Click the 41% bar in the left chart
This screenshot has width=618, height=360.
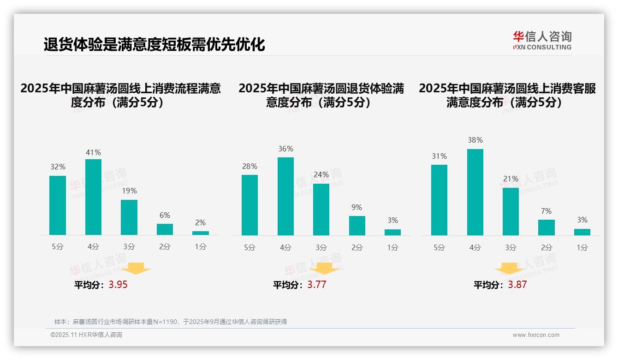(x=94, y=197)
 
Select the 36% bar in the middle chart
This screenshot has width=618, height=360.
(x=285, y=196)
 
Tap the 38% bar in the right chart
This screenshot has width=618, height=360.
(x=475, y=192)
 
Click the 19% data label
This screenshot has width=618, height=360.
(x=129, y=191)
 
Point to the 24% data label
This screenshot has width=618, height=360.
(x=321, y=174)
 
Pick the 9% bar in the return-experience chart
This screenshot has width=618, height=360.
(x=357, y=226)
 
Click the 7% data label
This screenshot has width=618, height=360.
(x=547, y=211)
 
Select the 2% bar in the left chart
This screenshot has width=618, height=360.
(x=201, y=233)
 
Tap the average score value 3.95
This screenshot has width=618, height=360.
(x=118, y=285)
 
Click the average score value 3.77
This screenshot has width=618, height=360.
(x=317, y=285)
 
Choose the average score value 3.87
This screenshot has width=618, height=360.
(x=517, y=285)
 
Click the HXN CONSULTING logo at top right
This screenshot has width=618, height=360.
(x=542, y=41)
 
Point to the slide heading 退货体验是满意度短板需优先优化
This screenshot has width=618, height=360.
(x=154, y=45)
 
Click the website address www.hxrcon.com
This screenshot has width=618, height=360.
(x=536, y=335)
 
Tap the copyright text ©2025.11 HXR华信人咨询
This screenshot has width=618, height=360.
(x=86, y=335)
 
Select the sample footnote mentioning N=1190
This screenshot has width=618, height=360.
(x=171, y=322)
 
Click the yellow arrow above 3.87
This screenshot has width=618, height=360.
(x=509, y=269)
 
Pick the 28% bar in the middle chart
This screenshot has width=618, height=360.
(x=250, y=205)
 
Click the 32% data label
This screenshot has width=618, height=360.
(x=58, y=167)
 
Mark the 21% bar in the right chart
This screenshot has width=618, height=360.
(x=511, y=211)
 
